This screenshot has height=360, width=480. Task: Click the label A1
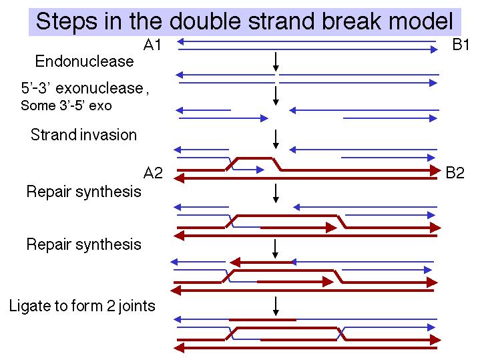pos(152,45)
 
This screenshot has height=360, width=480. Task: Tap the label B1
pos(461,45)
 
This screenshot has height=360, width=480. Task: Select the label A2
pos(153,173)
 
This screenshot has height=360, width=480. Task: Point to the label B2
pos(455,173)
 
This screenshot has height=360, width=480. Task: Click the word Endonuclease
pos(85,61)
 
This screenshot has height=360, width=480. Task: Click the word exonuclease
pos(99,88)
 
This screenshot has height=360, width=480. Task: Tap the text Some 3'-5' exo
pos(66,106)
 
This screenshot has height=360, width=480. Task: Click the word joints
pos(137,306)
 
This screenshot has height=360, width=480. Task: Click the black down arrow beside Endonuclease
pos(276,62)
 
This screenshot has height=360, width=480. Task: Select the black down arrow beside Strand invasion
pos(276,139)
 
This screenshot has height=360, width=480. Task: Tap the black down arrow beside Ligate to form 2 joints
pos(276,306)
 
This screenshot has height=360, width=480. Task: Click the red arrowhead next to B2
pos(436,170)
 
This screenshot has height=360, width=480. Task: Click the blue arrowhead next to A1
pos(181,41)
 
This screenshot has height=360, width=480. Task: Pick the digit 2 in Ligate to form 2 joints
pos(111,306)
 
